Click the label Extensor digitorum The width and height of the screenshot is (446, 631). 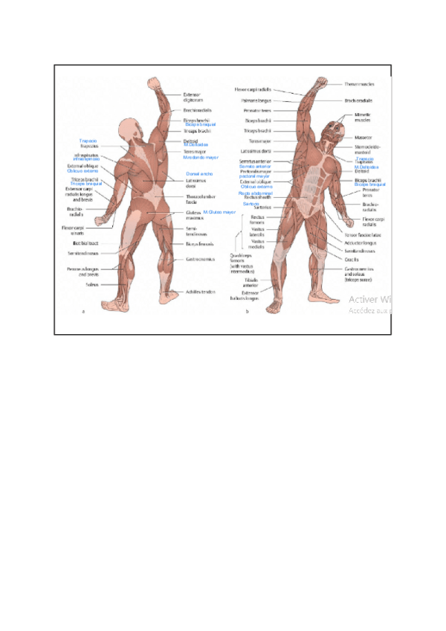click(x=193, y=97)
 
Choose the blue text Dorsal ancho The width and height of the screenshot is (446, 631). click(x=199, y=173)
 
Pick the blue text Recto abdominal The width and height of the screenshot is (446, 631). click(x=256, y=193)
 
